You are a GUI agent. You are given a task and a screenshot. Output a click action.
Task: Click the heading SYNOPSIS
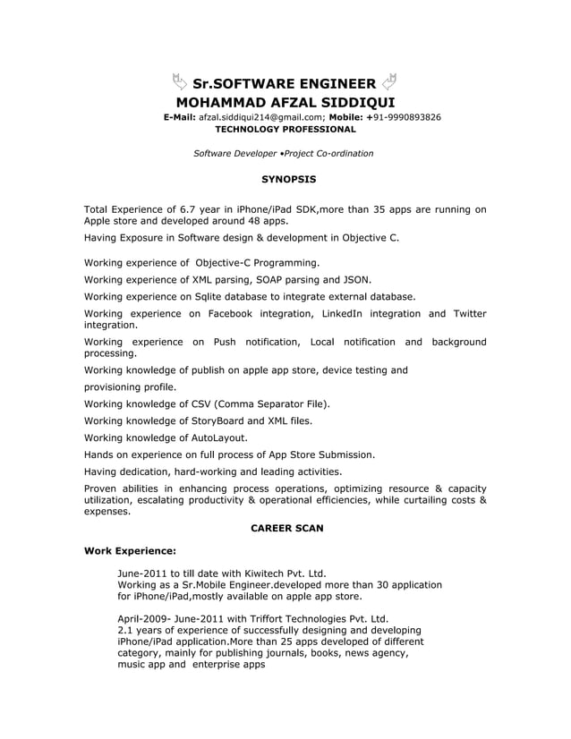click(x=285, y=180)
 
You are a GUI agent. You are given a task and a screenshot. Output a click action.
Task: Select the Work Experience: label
click(x=130, y=550)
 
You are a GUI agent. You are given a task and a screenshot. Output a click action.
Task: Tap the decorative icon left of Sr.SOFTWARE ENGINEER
click(x=178, y=83)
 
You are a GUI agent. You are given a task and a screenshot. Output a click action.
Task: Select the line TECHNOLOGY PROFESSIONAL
click(x=285, y=130)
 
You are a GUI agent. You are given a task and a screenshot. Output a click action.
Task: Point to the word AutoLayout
click(x=217, y=438)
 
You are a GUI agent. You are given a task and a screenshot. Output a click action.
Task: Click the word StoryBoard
click(x=216, y=420)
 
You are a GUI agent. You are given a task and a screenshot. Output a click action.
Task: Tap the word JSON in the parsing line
click(x=356, y=279)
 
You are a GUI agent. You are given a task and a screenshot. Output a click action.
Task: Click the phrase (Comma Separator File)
click(x=271, y=403)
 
